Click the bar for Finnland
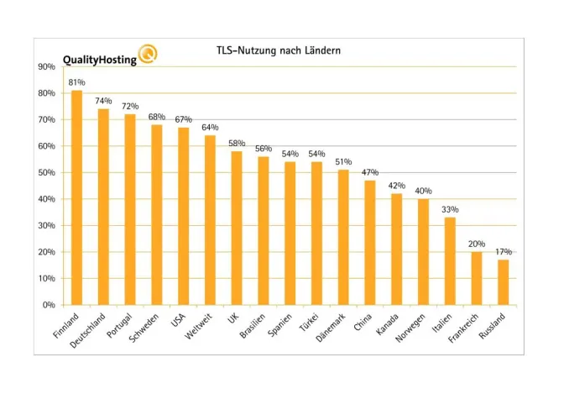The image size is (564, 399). (76, 197)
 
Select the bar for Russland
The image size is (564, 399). (503, 282)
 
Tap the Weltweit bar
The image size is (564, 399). (210, 220)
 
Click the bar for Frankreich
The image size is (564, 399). (476, 278)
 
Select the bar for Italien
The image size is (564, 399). (450, 261)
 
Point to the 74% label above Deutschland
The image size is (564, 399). (103, 101)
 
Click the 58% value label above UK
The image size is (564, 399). (237, 144)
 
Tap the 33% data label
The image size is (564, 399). (450, 209)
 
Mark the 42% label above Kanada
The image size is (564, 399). (396, 186)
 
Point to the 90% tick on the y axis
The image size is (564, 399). (46, 66)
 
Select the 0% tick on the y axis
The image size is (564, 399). (49, 305)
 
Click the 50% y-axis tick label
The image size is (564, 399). (46, 172)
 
